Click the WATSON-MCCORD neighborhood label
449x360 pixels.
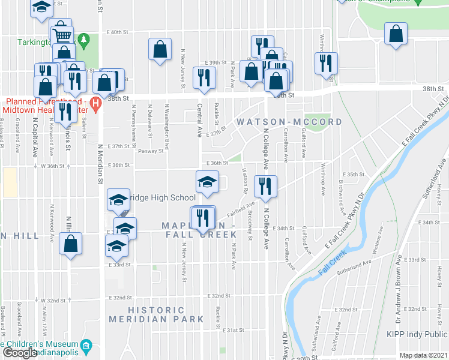coord(289,122)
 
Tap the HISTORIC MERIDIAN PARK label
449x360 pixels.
coord(156,314)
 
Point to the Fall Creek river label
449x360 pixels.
coord(333,263)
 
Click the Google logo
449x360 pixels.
coord(19,353)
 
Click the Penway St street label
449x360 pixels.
coord(151,151)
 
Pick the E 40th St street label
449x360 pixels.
coord(118,32)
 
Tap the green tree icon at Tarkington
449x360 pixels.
coord(85,40)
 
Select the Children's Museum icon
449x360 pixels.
coord(86,346)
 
